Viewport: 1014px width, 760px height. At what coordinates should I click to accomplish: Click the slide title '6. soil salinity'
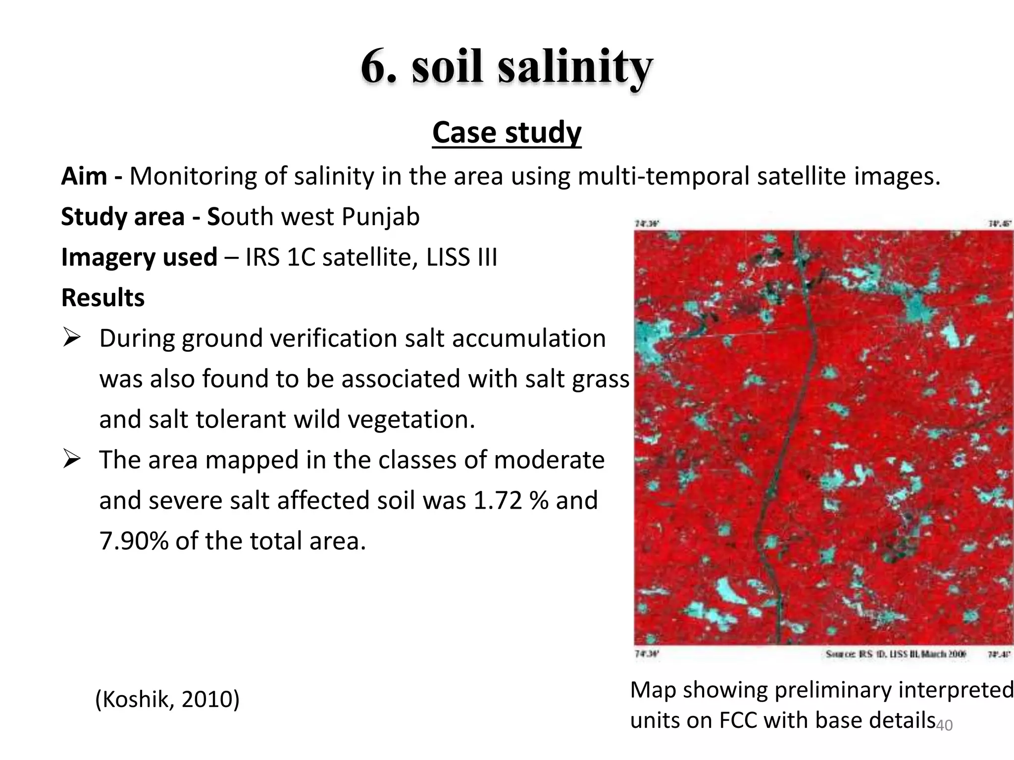[507, 67]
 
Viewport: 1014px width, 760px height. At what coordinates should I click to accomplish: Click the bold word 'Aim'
[84, 176]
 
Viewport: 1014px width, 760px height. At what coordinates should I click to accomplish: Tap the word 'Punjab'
[380, 217]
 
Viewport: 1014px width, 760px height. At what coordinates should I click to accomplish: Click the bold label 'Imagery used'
[139, 257]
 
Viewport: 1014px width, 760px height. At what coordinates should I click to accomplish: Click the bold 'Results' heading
[103, 298]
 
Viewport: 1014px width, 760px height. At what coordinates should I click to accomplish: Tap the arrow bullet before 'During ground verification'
[72, 339]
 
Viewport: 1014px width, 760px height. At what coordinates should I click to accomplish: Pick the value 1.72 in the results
[498, 500]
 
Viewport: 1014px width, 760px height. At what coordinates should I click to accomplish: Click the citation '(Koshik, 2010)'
[167, 699]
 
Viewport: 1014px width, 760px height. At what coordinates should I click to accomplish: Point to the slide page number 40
[945, 725]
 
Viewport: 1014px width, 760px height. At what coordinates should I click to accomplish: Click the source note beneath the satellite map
[896, 654]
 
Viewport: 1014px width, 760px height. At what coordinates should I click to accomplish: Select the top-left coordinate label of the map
[646, 224]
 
